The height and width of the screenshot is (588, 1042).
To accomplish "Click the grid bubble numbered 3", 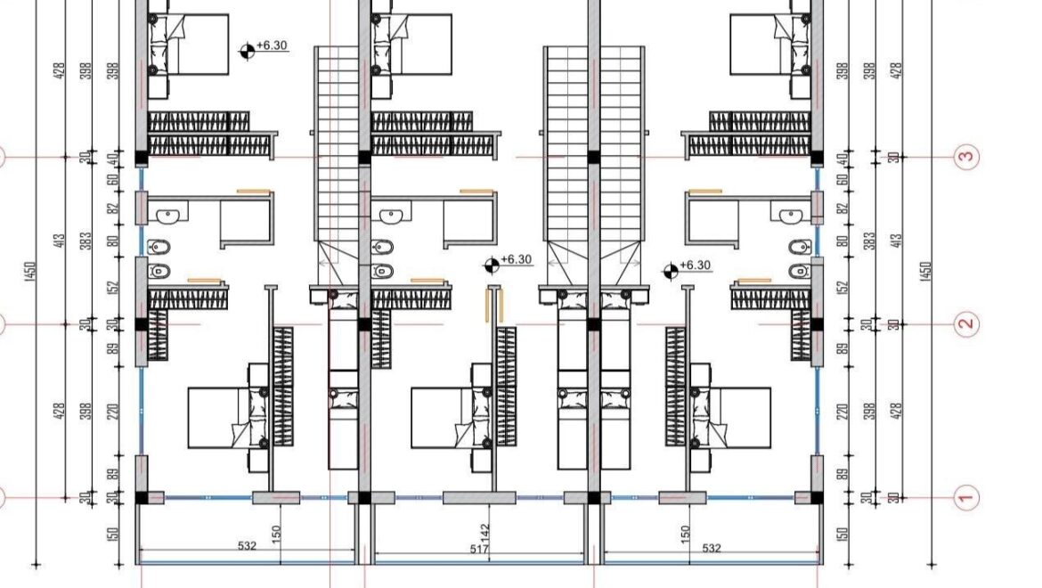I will [x=966, y=158].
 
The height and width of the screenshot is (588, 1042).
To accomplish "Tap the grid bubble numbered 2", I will [x=966, y=324].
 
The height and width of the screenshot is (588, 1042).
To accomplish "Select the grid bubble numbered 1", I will [x=966, y=497].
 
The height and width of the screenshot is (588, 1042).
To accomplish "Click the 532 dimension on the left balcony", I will [x=247, y=546].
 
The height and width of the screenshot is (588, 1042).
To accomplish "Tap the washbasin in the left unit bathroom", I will [x=167, y=215].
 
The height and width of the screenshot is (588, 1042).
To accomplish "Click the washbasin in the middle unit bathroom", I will [x=390, y=215].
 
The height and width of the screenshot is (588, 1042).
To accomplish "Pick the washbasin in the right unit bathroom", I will [x=791, y=215].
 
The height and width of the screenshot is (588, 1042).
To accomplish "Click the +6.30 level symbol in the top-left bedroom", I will [x=247, y=50].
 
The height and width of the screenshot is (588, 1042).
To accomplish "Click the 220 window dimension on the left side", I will [x=113, y=412].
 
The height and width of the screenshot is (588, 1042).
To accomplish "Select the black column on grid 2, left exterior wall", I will [x=141, y=324].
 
